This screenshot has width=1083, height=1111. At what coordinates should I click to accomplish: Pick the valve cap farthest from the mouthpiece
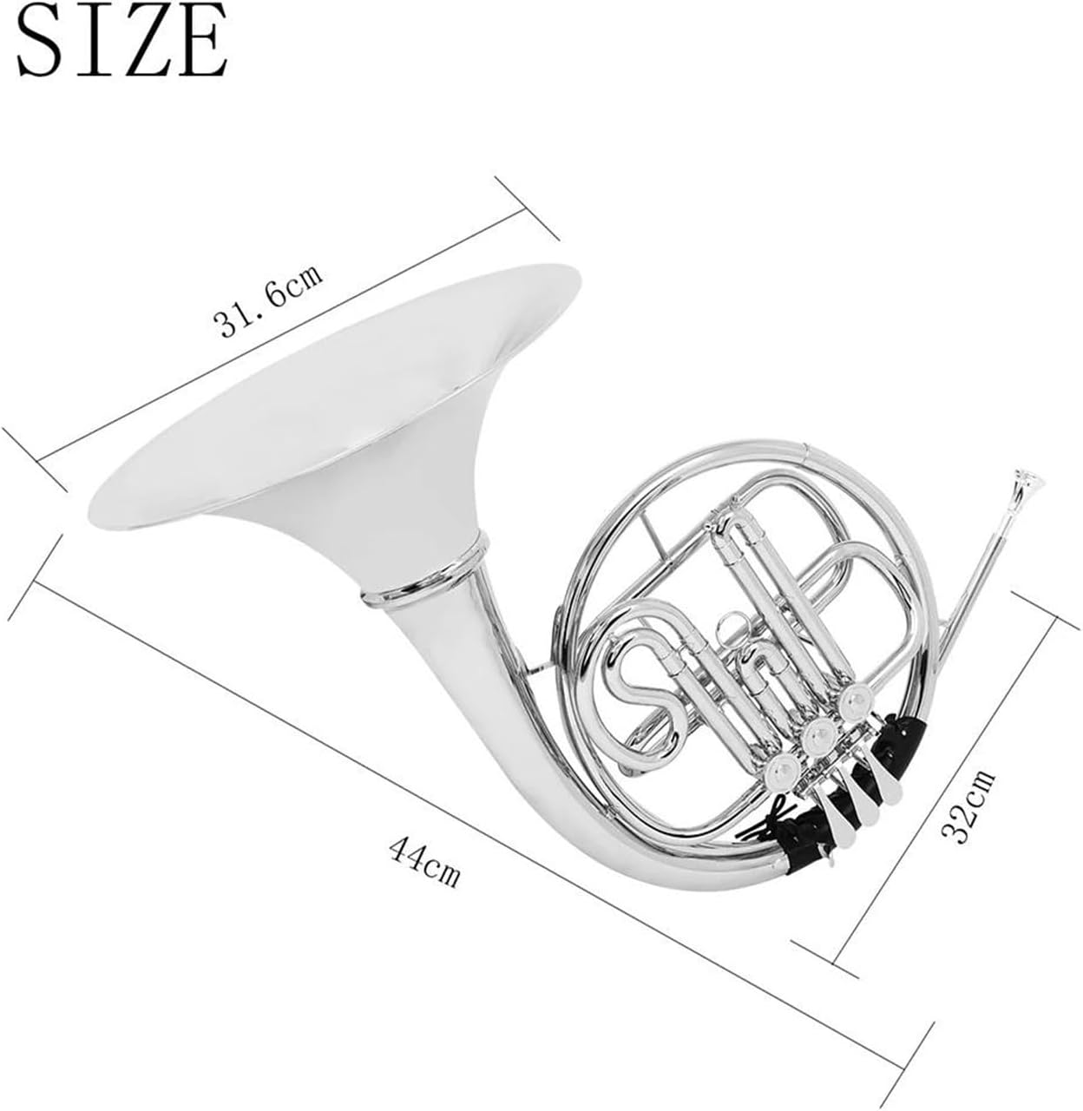(x=784, y=768)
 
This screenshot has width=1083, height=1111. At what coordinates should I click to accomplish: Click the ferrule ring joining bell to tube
(x=423, y=575)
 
